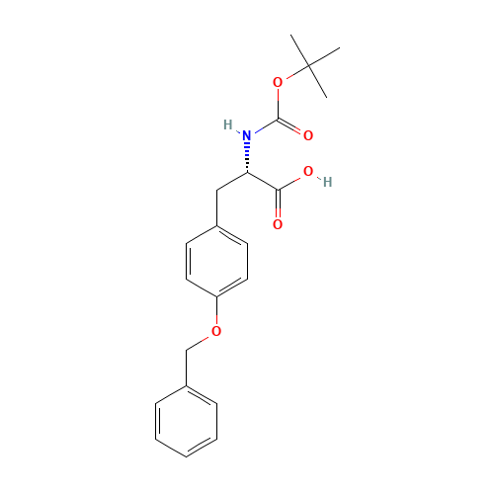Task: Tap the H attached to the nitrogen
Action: tap(230, 125)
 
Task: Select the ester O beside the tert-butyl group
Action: tap(278, 83)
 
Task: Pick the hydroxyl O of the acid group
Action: tap(308, 172)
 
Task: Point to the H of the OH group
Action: tap(325, 182)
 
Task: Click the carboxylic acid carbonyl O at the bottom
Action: tap(278, 225)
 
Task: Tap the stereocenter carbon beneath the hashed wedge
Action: tap(248, 172)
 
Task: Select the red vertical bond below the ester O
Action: tap(278, 101)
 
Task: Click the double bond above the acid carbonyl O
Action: tap(278, 206)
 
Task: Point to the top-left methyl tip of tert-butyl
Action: tap(292, 38)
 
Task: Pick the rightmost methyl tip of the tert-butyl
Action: tap(339, 48)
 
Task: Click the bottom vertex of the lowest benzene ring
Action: tap(186, 454)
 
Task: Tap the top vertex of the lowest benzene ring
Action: tap(186, 385)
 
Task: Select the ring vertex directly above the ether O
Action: tap(216, 296)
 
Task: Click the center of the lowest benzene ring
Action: tap(186, 420)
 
